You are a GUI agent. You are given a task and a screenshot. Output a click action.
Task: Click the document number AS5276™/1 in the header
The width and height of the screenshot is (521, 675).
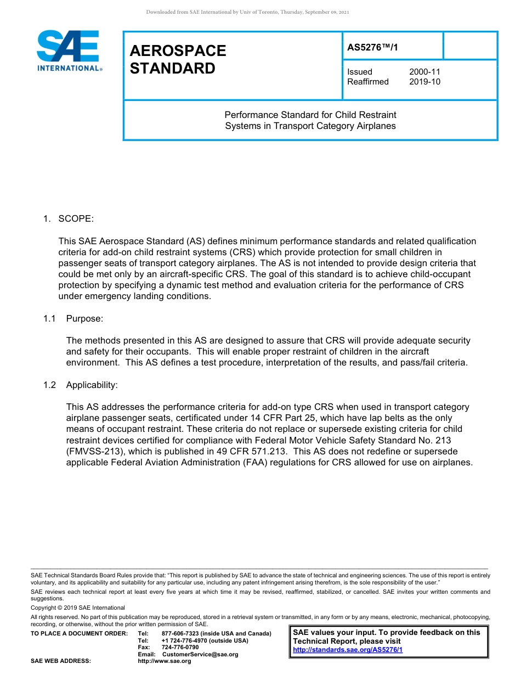click(x=372, y=47)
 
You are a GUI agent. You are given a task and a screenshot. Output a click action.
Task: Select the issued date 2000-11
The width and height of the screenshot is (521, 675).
click(x=424, y=72)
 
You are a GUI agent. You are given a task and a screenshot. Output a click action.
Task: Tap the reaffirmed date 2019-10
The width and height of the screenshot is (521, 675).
click(x=424, y=82)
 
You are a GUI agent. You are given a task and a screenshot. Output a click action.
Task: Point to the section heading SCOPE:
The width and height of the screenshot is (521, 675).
click(x=76, y=218)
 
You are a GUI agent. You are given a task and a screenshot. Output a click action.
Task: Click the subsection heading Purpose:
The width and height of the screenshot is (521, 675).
click(x=84, y=318)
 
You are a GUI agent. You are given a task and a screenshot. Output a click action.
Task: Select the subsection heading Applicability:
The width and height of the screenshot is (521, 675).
click(x=92, y=385)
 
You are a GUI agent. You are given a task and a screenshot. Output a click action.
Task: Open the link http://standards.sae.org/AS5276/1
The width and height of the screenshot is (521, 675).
click(x=348, y=650)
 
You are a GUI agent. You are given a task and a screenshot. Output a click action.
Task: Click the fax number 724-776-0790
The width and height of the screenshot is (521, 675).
click(x=180, y=647)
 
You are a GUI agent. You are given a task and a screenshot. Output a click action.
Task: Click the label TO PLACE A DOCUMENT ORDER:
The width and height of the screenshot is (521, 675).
click(x=79, y=633)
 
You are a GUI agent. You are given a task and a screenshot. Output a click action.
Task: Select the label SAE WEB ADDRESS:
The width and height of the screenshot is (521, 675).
click(x=60, y=661)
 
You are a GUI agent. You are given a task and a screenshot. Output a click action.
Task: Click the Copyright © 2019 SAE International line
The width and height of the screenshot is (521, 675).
click(x=78, y=607)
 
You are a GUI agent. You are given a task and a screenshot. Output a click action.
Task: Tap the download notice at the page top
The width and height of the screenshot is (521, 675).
click(x=248, y=12)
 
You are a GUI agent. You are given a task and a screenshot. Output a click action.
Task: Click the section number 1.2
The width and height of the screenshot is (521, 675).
click(x=50, y=385)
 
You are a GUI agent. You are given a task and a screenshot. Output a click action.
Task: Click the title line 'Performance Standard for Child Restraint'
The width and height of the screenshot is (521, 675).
click(x=310, y=115)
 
